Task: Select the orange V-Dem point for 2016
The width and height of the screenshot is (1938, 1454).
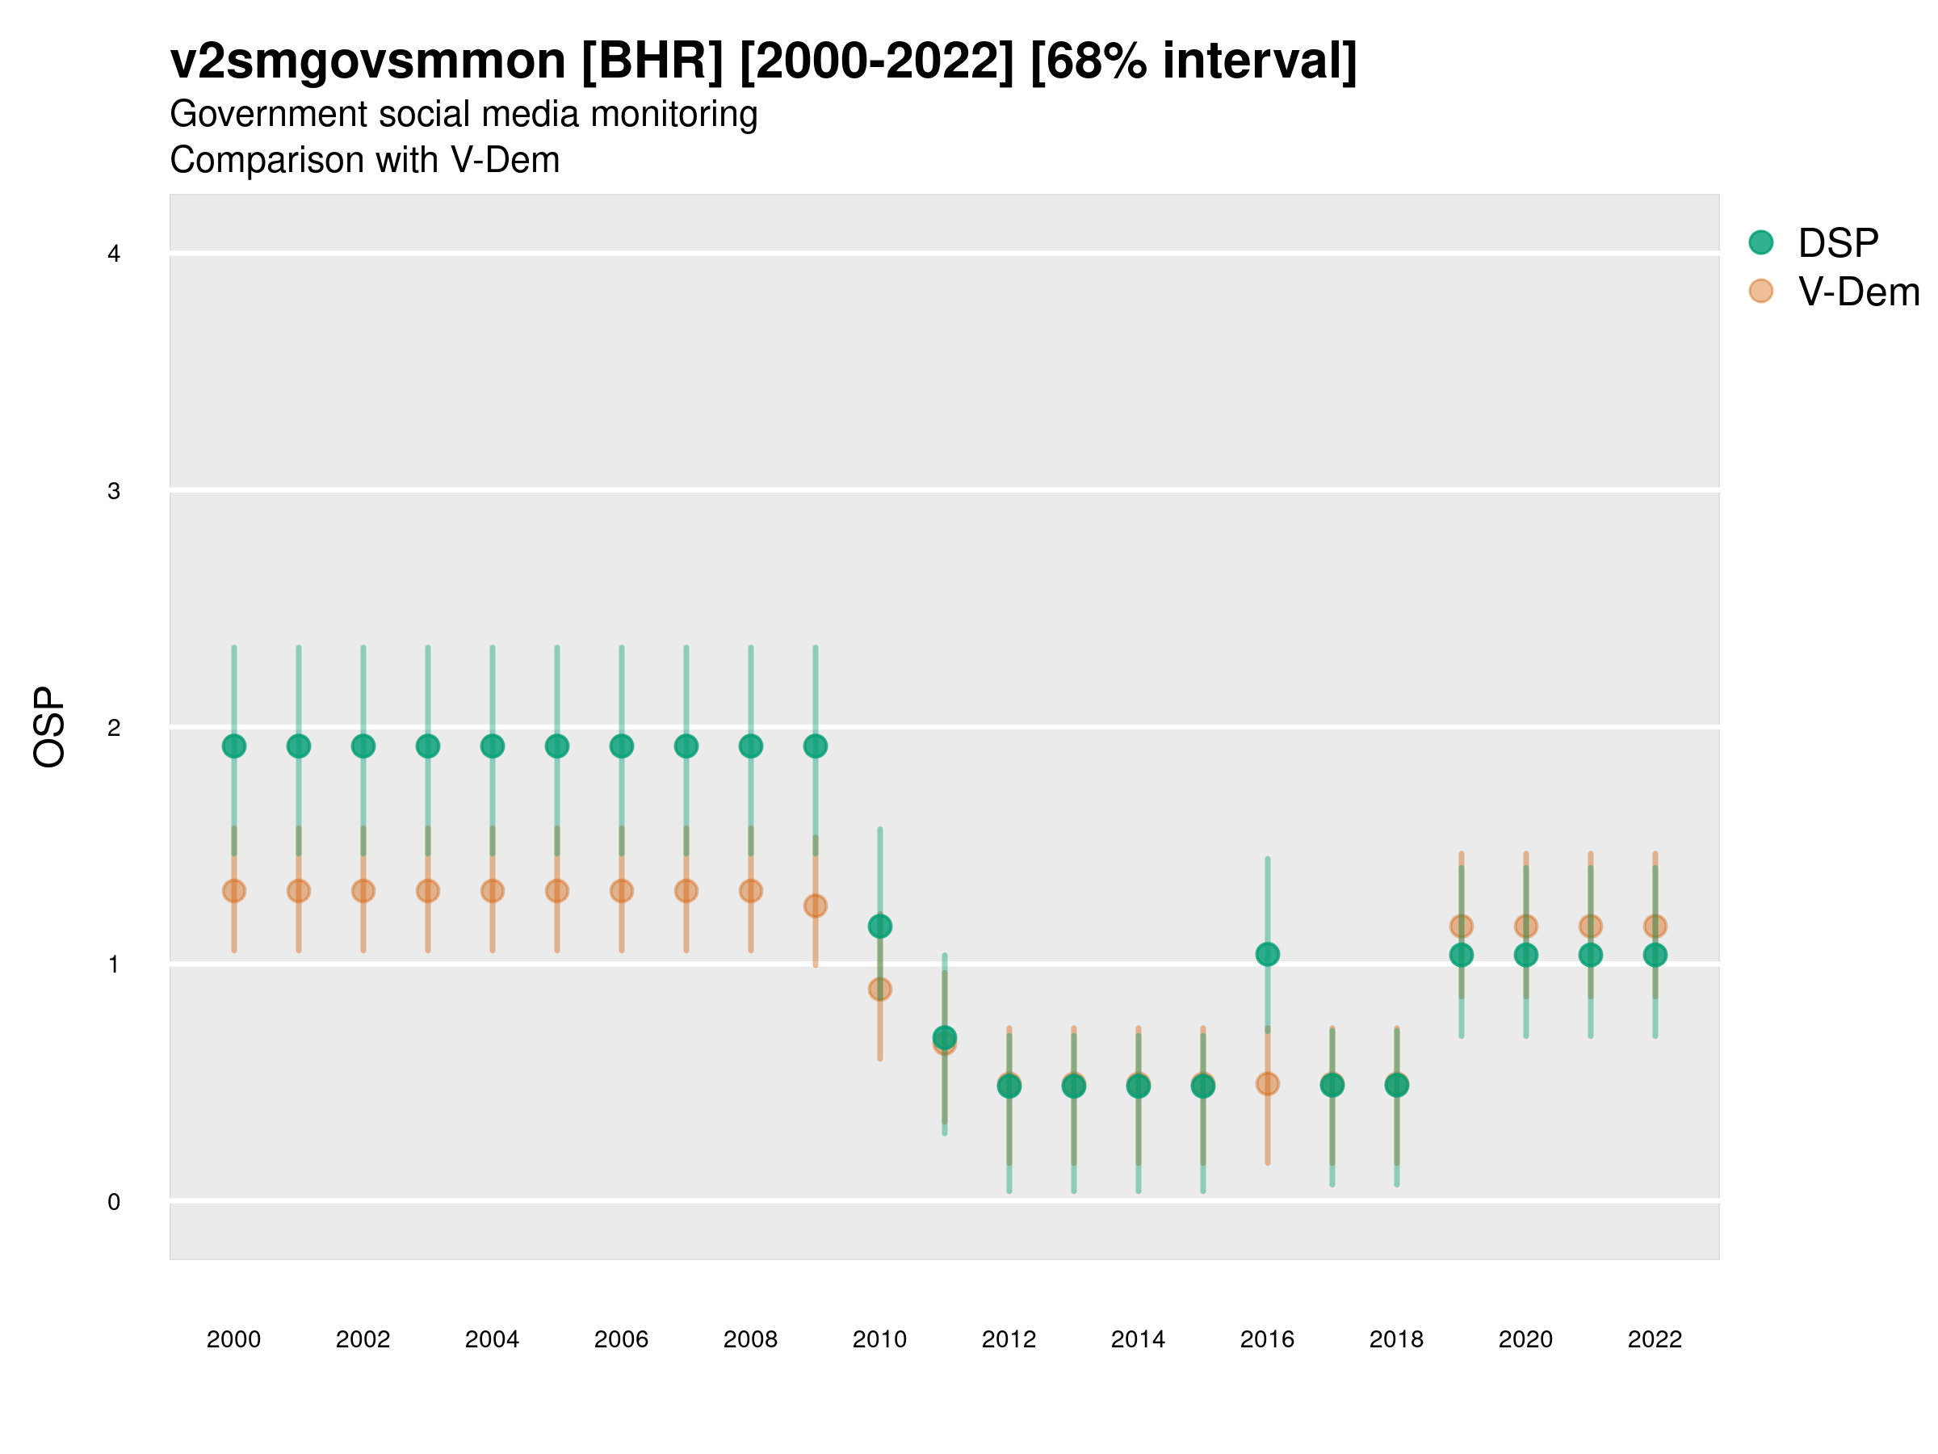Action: pos(1267,1083)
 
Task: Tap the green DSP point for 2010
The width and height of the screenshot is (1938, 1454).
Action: pos(879,926)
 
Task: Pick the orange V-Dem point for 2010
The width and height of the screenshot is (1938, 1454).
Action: pos(879,990)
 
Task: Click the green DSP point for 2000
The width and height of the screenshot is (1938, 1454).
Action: pos(234,746)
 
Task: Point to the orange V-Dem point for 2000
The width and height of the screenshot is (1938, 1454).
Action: pos(234,890)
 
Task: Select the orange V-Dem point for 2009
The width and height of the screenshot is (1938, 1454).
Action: pos(815,906)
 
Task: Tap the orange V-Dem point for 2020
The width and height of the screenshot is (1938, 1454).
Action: pos(1525,926)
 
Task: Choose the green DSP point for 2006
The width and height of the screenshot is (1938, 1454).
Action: pos(621,746)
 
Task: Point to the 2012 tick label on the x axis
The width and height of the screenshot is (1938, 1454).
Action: pos(1009,1339)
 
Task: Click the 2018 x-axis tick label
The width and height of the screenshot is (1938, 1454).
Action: pos(1396,1339)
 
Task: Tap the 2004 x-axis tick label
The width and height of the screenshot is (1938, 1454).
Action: pos(492,1339)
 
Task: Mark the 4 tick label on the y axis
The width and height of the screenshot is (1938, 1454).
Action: pos(114,254)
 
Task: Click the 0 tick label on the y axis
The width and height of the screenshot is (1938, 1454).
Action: pos(114,1202)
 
